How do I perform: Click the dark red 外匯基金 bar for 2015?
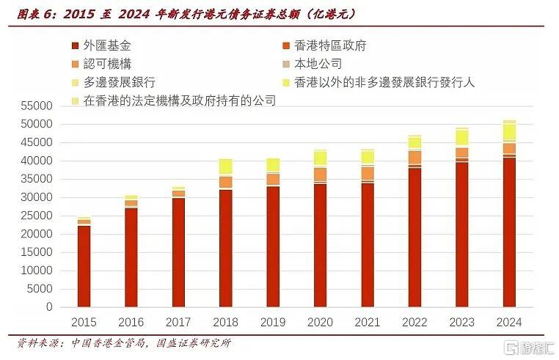[84, 266]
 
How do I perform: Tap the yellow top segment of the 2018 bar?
[225, 166]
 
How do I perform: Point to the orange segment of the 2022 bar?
[414, 157]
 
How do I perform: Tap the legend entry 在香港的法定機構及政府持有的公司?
[173, 100]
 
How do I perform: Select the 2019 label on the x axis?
[272, 323]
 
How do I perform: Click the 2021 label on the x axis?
[367, 323]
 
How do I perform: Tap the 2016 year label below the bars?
[131, 323]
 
